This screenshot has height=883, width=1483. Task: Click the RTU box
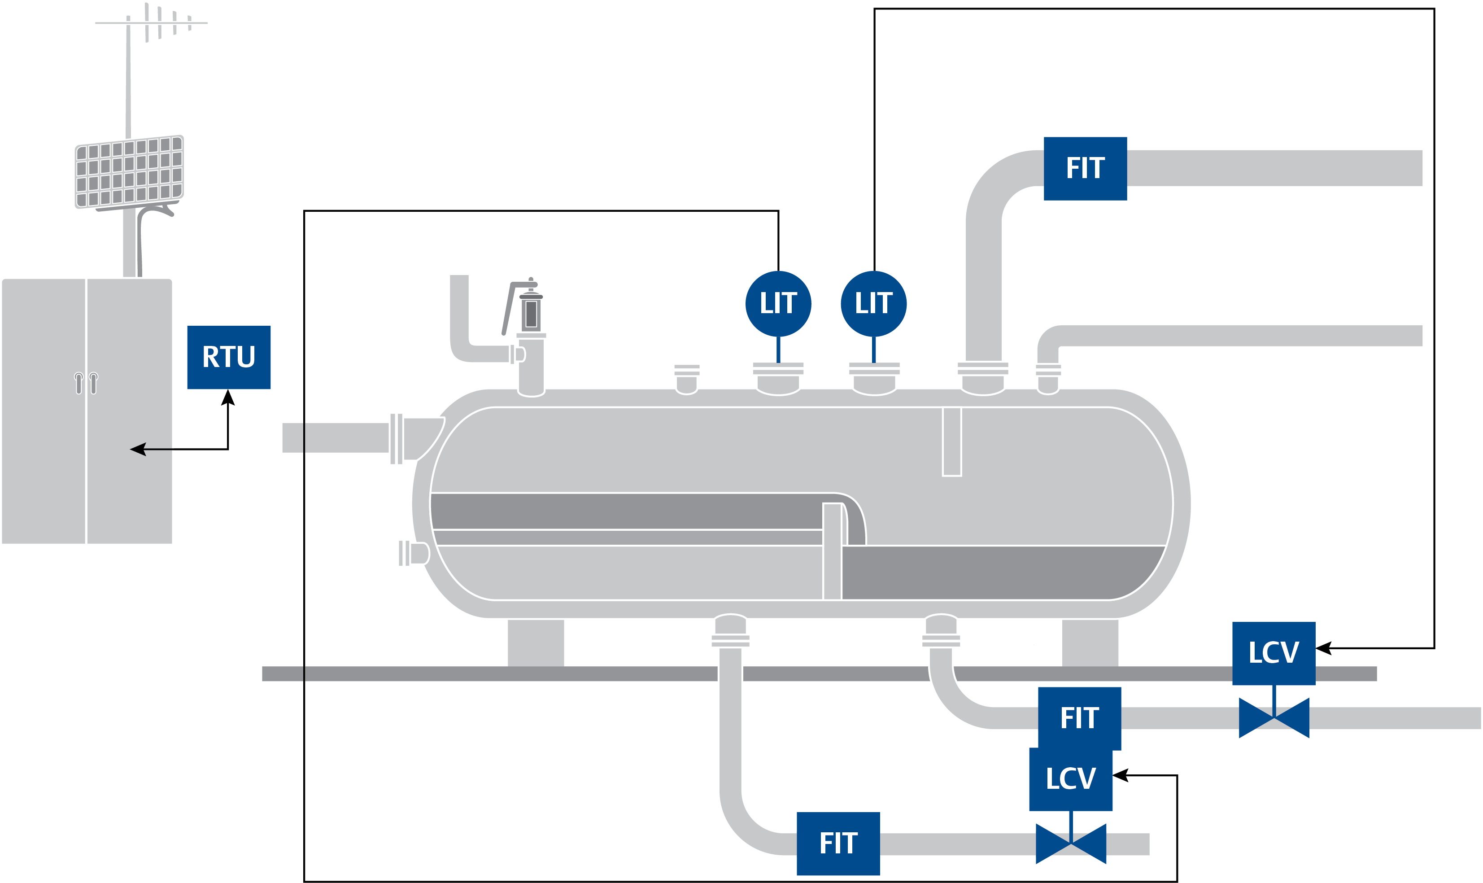pyautogui.click(x=228, y=357)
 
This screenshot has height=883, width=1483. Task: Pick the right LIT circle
pyautogui.click(x=873, y=303)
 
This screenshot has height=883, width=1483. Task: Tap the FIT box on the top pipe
pyautogui.click(x=1085, y=168)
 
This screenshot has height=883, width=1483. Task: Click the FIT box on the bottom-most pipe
pyautogui.click(x=837, y=843)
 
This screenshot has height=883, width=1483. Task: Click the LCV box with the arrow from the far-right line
pyautogui.click(x=1273, y=653)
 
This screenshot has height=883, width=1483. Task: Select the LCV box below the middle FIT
pyautogui.click(x=1070, y=779)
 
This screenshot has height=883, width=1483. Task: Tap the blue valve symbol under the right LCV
pyautogui.click(x=1274, y=718)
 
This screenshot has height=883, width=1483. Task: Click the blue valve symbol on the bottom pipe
pyautogui.click(x=1070, y=844)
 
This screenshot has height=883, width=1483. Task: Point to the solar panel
pyautogui.click(x=129, y=171)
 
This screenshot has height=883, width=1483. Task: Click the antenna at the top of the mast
pyautogui.click(x=152, y=22)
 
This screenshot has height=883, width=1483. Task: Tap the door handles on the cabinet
pyautogui.click(x=86, y=383)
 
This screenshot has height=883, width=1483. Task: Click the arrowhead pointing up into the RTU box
pyautogui.click(x=228, y=398)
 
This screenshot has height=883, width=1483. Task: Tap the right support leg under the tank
pyautogui.click(x=1089, y=643)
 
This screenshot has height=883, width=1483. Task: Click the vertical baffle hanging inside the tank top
pyautogui.click(x=951, y=441)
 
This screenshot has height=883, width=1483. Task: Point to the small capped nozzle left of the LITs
pyautogui.click(x=686, y=379)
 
